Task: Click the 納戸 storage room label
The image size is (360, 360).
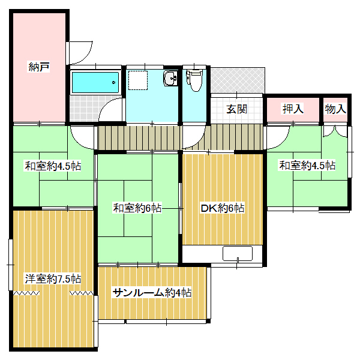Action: [38, 67]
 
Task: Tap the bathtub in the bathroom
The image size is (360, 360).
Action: [95, 82]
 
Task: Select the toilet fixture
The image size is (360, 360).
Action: [194, 80]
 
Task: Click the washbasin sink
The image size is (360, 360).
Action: [170, 78]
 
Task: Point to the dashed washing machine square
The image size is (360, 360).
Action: [138, 80]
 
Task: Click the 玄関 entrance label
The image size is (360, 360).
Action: [236, 109]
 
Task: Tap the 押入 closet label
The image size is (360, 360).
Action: [293, 109]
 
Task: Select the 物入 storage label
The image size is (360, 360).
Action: [335, 109]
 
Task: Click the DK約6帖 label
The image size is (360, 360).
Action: [223, 208]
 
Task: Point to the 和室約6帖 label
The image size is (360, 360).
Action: [137, 208]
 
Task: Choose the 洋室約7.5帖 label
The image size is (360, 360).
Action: [53, 279]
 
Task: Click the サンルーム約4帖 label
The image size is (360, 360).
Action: [152, 293]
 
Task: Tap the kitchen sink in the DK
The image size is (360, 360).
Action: [238, 254]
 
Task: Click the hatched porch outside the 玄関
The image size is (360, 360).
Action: [238, 80]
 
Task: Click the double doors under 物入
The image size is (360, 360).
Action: [335, 132]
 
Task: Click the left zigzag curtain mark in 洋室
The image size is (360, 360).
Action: [26, 293]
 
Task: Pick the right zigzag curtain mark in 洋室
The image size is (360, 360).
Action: [82, 293]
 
